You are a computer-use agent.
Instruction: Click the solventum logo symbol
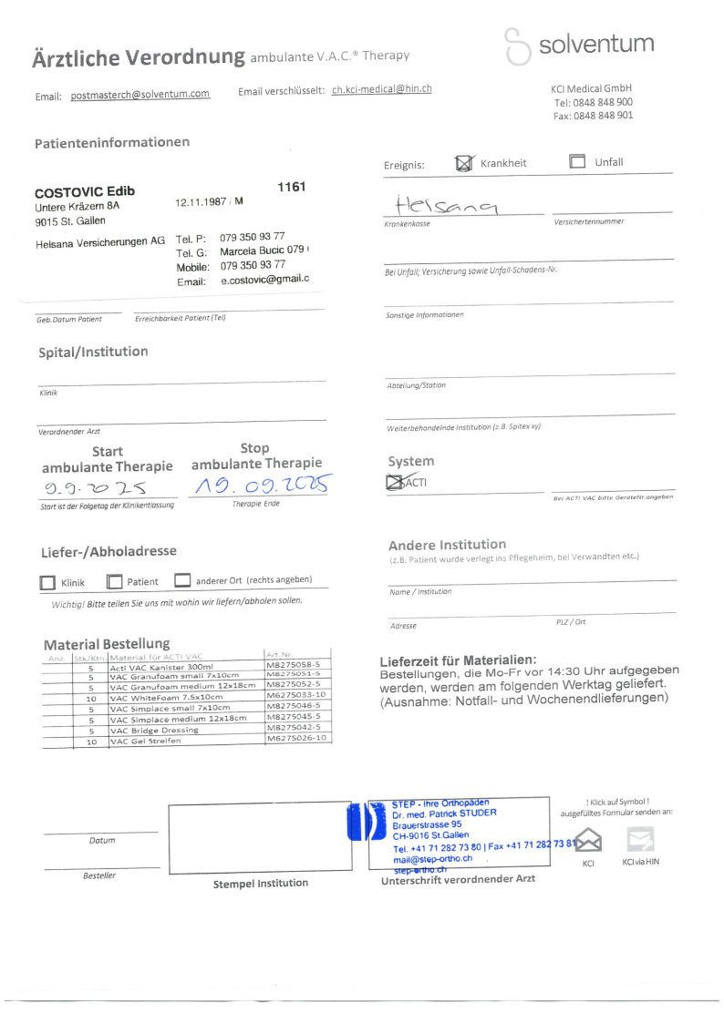[x=517, y=46]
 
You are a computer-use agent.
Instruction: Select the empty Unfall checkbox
[x=577, y=162]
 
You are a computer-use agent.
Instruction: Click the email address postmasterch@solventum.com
[x=140, y=95]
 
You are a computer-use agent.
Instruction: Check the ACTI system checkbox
[x=396, y=483]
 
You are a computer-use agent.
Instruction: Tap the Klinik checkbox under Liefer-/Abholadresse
[x=47, y=582]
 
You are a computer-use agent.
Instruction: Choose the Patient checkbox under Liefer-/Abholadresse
[x=114, y=581]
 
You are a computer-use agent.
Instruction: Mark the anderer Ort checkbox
[x=182, y=580]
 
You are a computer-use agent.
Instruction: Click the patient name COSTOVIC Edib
[x=85, y=192]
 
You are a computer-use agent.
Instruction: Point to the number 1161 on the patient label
[x=291, y=187]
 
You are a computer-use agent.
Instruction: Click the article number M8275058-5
[x=293, y=665]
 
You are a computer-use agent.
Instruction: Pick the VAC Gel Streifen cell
[x=146, y=742]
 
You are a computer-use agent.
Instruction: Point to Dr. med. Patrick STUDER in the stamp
[x=444, y=813]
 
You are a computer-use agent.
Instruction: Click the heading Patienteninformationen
[x=112, y=143]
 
